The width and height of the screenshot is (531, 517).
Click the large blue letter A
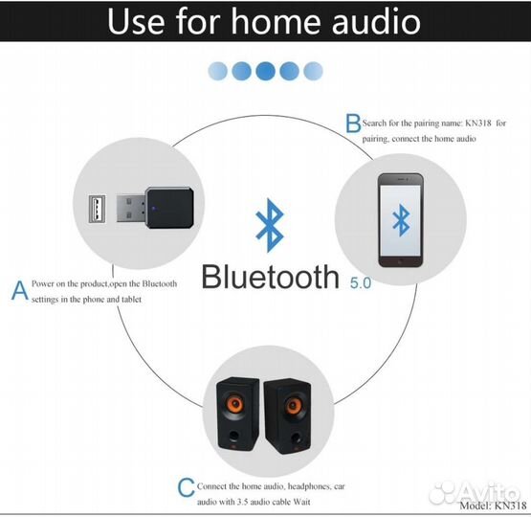pyautogui.click(x=19, y=290)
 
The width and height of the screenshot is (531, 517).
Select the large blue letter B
pyautogui.click(x=352, y=124)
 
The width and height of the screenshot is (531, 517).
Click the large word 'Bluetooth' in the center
pyautogui.click(x=270, y=276)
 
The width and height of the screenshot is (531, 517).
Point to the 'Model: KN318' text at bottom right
pyautogui.click(x=492, y=506)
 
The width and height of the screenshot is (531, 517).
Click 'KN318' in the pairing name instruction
pyautogui.click(x=479, y=124)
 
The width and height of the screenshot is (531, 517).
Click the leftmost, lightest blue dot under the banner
pyautogui.click(x=218, y=70)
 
